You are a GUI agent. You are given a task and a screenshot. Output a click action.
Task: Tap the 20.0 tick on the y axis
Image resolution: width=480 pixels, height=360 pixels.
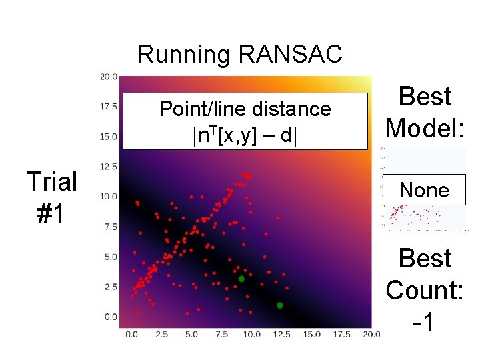point(109,76)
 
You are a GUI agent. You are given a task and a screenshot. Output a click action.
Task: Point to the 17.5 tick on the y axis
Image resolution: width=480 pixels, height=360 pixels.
point(109,106)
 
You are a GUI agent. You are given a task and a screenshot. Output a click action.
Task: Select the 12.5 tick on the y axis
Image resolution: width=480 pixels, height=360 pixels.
point(109,166)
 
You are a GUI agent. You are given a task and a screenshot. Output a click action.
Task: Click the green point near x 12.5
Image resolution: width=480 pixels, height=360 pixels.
point(280,305)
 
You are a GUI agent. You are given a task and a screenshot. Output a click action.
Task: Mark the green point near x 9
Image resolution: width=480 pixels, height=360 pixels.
point(241,279)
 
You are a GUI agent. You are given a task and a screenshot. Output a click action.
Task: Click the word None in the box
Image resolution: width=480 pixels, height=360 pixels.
point(424,191)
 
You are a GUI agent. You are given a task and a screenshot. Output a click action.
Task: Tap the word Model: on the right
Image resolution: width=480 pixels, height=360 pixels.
point(425,127)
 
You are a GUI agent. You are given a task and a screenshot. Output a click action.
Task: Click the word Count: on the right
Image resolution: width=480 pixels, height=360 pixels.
point(425,290)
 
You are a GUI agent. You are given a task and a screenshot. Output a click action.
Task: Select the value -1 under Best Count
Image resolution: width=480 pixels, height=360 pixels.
point(425,323)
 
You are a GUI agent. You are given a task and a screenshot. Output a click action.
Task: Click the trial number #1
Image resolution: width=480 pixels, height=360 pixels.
point(51,215)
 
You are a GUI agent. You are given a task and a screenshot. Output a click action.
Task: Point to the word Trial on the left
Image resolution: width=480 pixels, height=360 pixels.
point(51,181)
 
